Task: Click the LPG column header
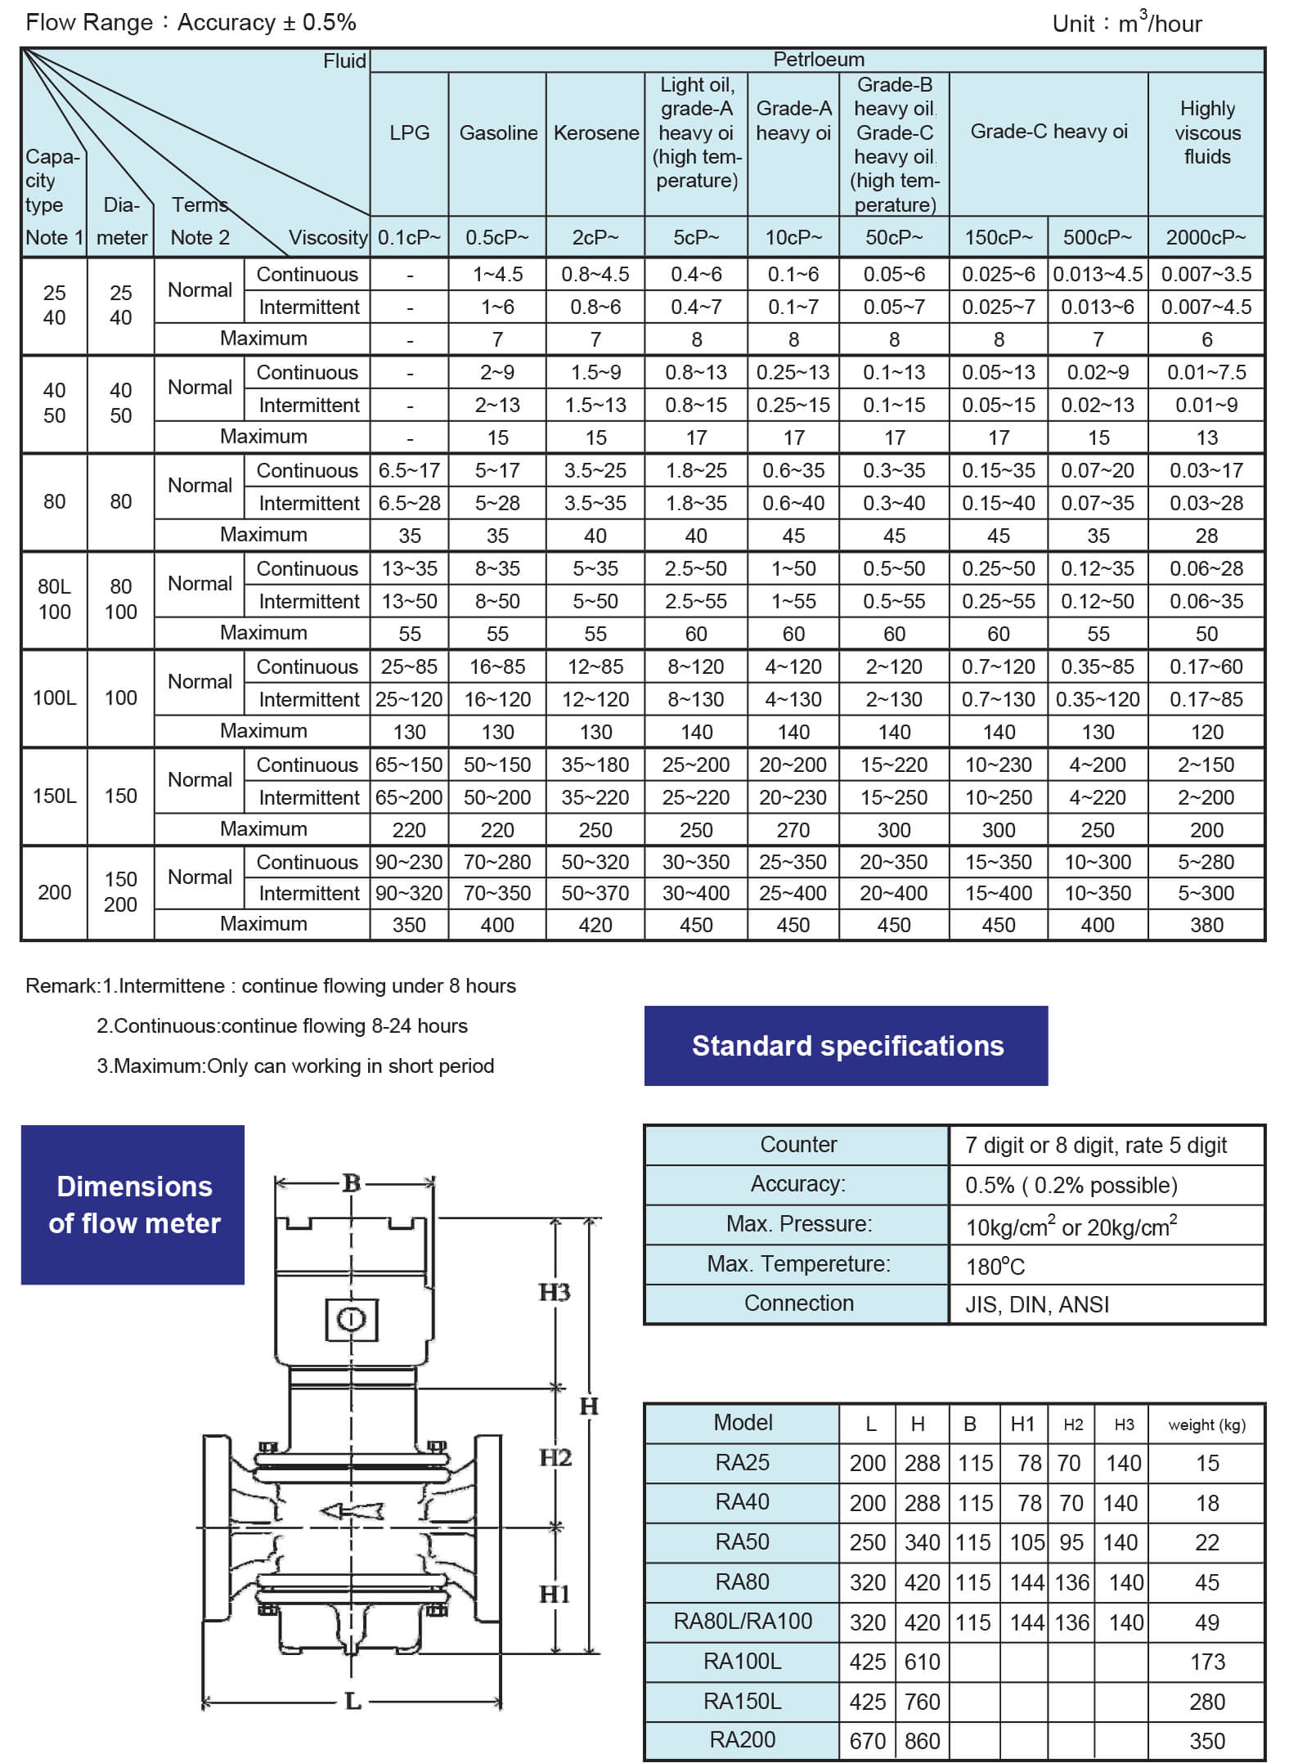click(409, 132)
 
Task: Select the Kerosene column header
click(595, 132)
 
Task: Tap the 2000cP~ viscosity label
click(1206, 237)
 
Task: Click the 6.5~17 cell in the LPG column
click(409, 470)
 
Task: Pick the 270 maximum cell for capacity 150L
click(793, 830)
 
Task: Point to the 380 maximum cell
click(1206, 925)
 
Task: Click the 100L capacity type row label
click(54, 698)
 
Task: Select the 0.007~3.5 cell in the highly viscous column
click(1206, 274)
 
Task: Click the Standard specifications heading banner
click(847, 1046)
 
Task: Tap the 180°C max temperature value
click(995, 1267)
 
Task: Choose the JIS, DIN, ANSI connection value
click(1036, 1304)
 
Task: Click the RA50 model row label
click(742, 1541)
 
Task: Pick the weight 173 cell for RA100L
click(1206, 1662)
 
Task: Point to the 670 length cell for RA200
click(867, 1741)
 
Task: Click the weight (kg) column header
click(1206, 1424)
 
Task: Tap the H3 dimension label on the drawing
click(555, 1292)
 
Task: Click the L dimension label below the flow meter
click(353, 1701)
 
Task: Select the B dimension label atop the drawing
click(352, 1182)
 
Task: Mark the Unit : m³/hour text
click(1126, 23)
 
